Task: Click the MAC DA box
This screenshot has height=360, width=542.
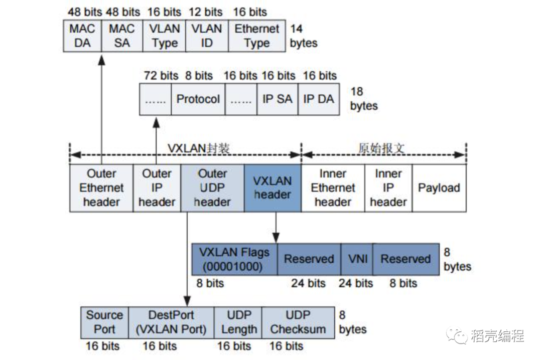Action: pyautogui.click(x=82, y=36)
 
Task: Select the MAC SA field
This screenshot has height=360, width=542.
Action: pyautogui.click(x=122, y=36)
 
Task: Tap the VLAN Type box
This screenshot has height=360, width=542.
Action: pyautogui.click(x=165, y=36)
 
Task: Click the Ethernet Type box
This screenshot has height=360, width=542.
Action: pyautogui.click(x=257, y=36)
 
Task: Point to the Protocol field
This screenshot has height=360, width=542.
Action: pyautogui.click(x=198, y=99)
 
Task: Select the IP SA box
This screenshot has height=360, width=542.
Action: pyautogui.click(x=277, y=99)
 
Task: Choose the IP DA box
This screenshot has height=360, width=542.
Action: pyautogui.click(x=319, y=99)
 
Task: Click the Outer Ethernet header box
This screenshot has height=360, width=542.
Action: pyautogui.click(x=101, y=188)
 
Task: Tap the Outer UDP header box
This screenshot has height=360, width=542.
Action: pyautogui.click(x=213, y=188)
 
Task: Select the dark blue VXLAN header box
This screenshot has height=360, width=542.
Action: pyautogui.click(x=273, y=188)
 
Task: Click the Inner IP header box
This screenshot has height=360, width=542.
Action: pyautogui.click(x=388, y=188)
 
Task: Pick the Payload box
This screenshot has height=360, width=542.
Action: pyautogui.click(x=439, y=188)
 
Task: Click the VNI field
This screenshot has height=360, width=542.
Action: pyautogui.click(x=357, y=259)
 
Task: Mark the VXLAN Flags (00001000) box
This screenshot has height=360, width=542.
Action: pyautogui.click(x=234, y=259)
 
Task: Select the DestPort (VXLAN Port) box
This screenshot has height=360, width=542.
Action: pyautogui.click(x=171, y=322)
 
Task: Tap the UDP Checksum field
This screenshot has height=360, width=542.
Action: pyautogui.click(x=298, y=322)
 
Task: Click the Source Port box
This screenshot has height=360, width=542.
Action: pyautogui.click(x=104, y=322)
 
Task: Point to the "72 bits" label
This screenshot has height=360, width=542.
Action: pyautogui.click(x=161, y=76)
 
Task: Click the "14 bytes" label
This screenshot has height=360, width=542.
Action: pyautogui.click(x=304, y=36)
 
